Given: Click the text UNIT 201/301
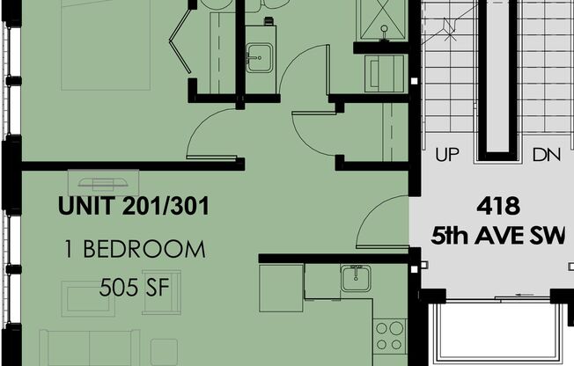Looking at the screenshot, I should click(133, 208).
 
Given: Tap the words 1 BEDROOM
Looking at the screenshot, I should click(134, 249).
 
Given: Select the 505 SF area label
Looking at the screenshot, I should click(134, 287).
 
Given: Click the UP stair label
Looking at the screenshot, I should click(448, 156).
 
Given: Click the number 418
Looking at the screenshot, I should click(498, 207).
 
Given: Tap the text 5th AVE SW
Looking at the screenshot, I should click(498, 236).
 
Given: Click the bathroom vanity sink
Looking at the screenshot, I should click(258, 58).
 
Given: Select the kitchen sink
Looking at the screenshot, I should click(357, 279).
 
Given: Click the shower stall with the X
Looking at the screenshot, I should click(381, 19).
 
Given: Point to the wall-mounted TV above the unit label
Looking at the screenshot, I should click(104, 183).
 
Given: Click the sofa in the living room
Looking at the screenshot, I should click(88, 348).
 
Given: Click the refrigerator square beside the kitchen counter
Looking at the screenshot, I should click(281, 282).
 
